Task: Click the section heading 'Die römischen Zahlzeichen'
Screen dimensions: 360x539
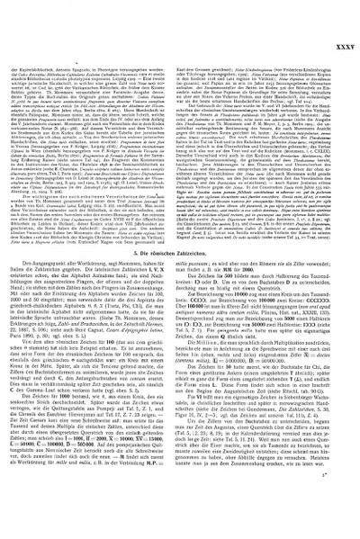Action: point(180,276)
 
